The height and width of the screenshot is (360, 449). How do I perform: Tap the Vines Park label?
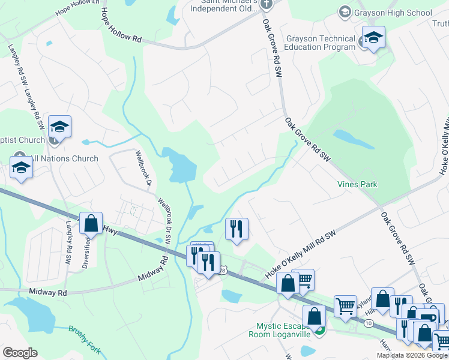point(357,184)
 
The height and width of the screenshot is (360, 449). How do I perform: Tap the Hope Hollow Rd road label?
point(120,25)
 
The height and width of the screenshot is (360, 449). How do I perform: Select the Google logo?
point(20,353)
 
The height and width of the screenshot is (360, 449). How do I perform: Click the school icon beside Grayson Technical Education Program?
point(373,38)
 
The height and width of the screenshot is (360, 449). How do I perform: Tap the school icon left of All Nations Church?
point(21,167)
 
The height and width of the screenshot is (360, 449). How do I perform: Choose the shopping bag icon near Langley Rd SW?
point(91,223)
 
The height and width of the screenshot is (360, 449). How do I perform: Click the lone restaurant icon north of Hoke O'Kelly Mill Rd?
point(237,229)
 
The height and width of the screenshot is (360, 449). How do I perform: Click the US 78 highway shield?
point(223,269)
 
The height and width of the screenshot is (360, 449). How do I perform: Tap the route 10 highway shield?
point(367,323)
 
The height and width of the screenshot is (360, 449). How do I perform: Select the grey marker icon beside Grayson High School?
point(345,11)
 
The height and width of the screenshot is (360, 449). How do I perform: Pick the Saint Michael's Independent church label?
point(223,6)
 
